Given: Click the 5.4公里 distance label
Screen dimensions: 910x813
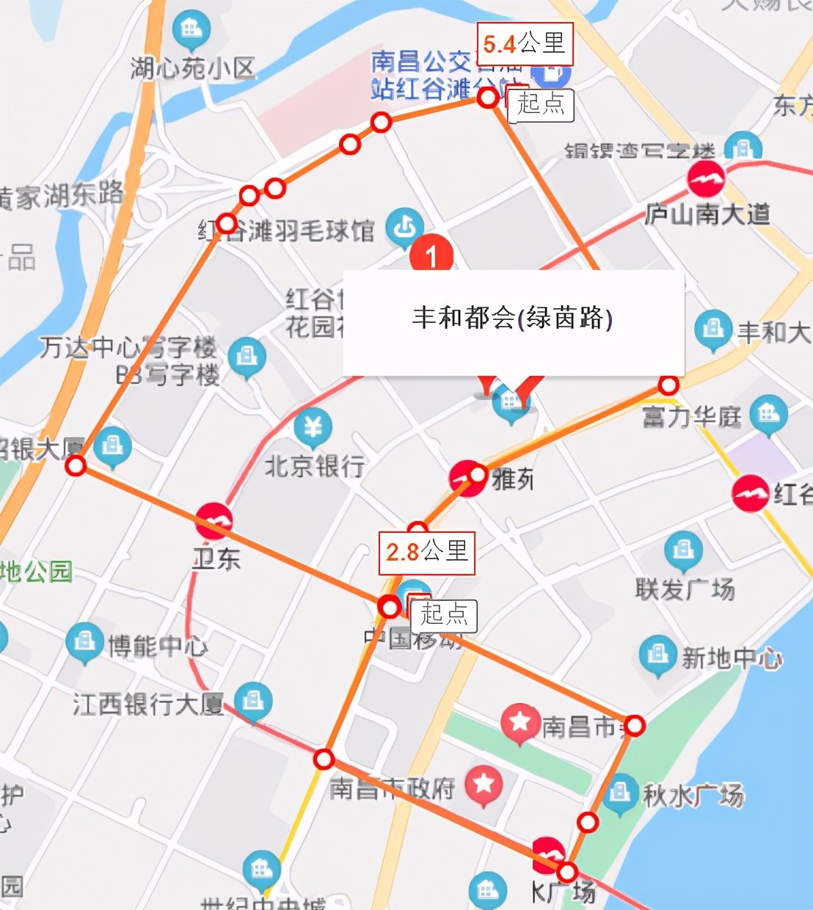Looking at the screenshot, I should coord(524,44).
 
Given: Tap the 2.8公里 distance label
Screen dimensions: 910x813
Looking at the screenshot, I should coord(426,552).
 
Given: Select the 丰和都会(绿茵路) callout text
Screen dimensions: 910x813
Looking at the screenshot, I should coord(512,318).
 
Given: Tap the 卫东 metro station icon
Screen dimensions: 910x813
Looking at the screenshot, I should coord(214,521).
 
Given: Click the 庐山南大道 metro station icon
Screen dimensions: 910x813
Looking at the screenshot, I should coord(706,179).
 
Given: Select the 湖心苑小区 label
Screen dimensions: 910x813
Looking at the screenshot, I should coord(192,68).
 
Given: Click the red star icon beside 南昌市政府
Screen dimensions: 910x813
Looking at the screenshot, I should coord(484,784).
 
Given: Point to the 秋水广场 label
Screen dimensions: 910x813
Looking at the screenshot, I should coord(693,794).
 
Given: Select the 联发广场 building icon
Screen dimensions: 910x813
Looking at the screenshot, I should coord(683,550).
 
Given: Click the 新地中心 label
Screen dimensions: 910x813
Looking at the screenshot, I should coord(732,658).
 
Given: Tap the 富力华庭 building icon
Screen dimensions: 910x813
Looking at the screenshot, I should coord(768,414).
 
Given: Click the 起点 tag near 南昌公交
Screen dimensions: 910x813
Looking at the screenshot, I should coord(541,103).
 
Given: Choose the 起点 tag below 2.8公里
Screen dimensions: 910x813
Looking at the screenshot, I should coord(444,614).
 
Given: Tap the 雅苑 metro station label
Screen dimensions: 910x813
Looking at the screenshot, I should coord(513,480).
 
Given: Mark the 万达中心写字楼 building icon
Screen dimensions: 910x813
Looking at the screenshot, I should coord(247,357).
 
